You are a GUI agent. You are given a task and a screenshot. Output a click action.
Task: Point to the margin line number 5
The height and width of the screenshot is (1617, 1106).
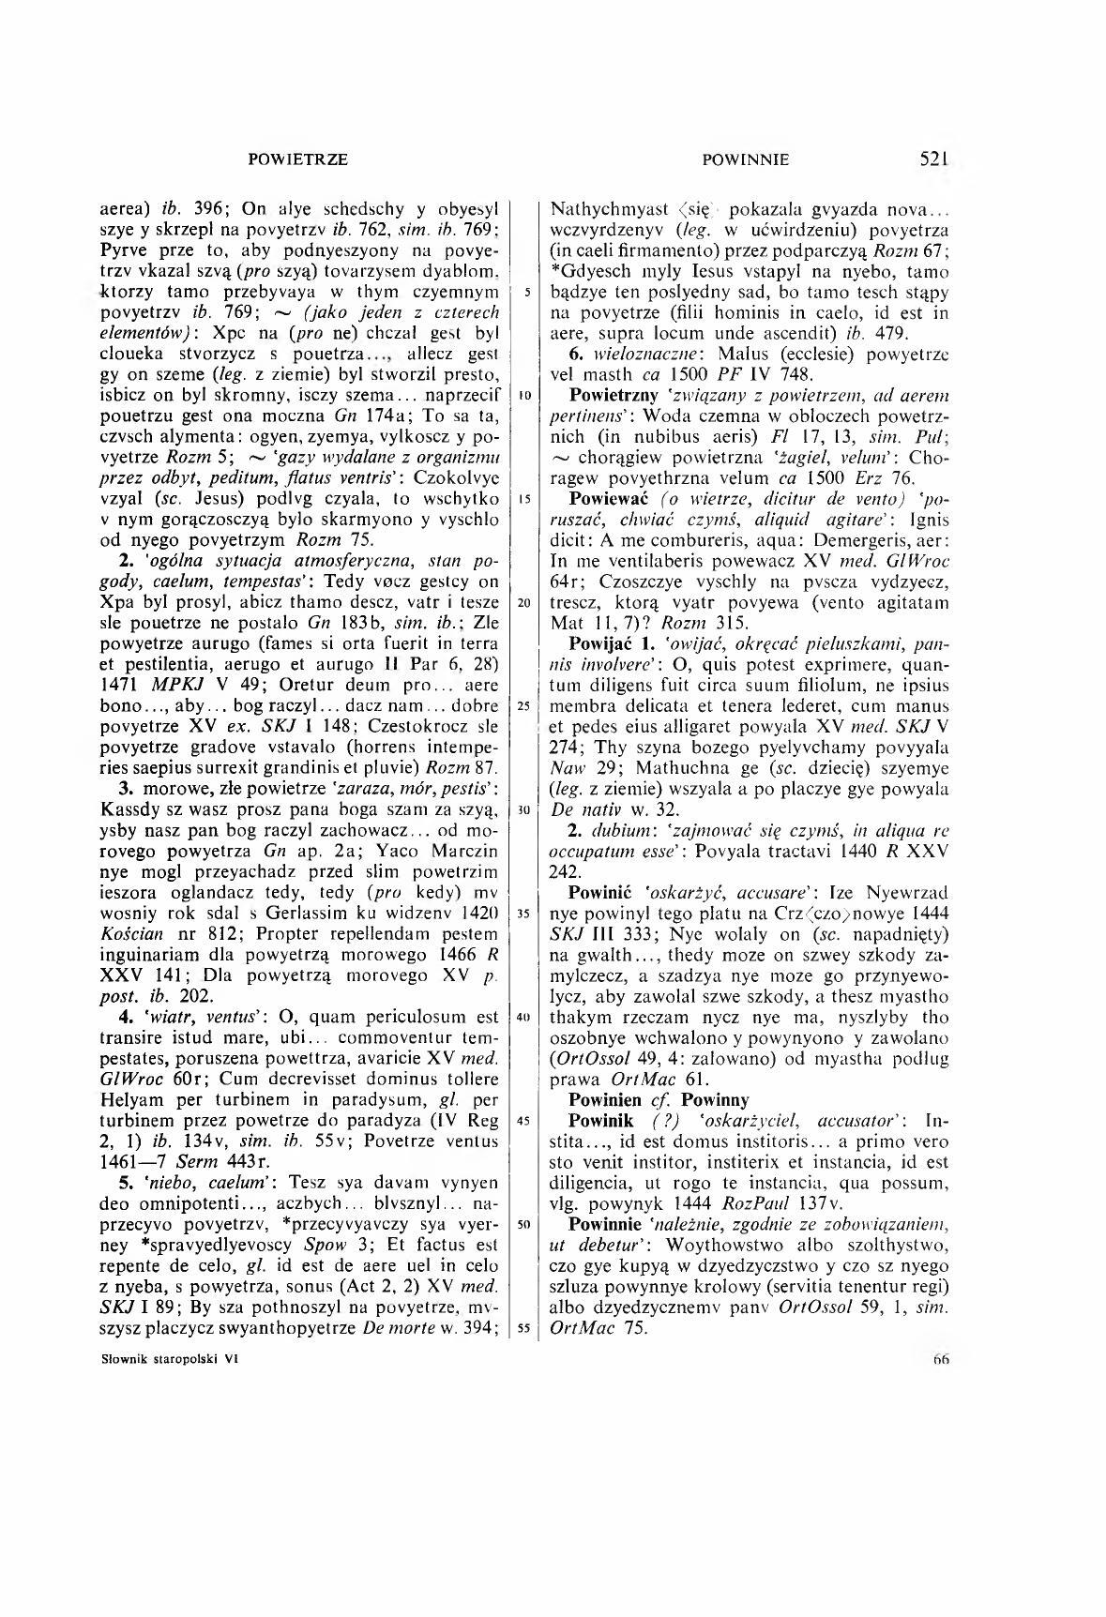tap(528, 292)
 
